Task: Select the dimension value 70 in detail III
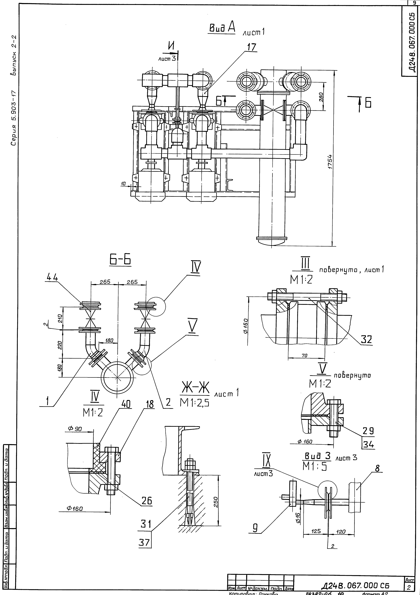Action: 304,356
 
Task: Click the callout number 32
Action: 366,339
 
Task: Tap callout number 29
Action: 368,431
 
